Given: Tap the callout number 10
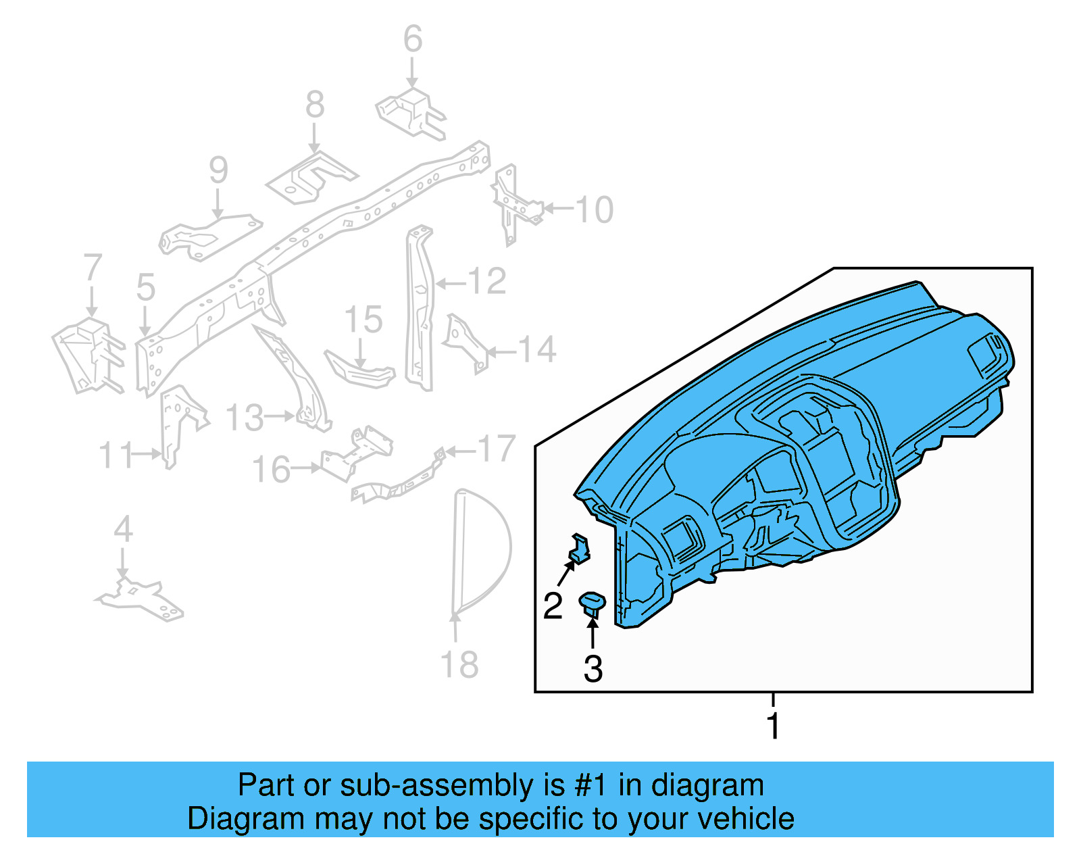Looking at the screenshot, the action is tap(594, 209).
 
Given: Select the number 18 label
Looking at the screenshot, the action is tap(459, 664).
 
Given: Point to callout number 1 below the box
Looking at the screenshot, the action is tap(773, 726).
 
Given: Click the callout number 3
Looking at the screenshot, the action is tap(593, 668).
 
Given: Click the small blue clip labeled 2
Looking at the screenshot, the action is tap(579, 548).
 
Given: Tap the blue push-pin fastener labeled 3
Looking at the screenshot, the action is tap(592, 605).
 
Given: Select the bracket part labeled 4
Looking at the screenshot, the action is tap(139, 599).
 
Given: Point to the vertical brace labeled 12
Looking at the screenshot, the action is tap(420, 308).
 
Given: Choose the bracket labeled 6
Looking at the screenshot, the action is tap(411, 114).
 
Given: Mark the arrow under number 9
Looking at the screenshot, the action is tap(218, 203).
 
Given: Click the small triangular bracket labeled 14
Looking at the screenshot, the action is tap(465, 344).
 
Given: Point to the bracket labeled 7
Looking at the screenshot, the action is tap(89, 355).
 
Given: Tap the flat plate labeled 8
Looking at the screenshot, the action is tap(311, 178).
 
